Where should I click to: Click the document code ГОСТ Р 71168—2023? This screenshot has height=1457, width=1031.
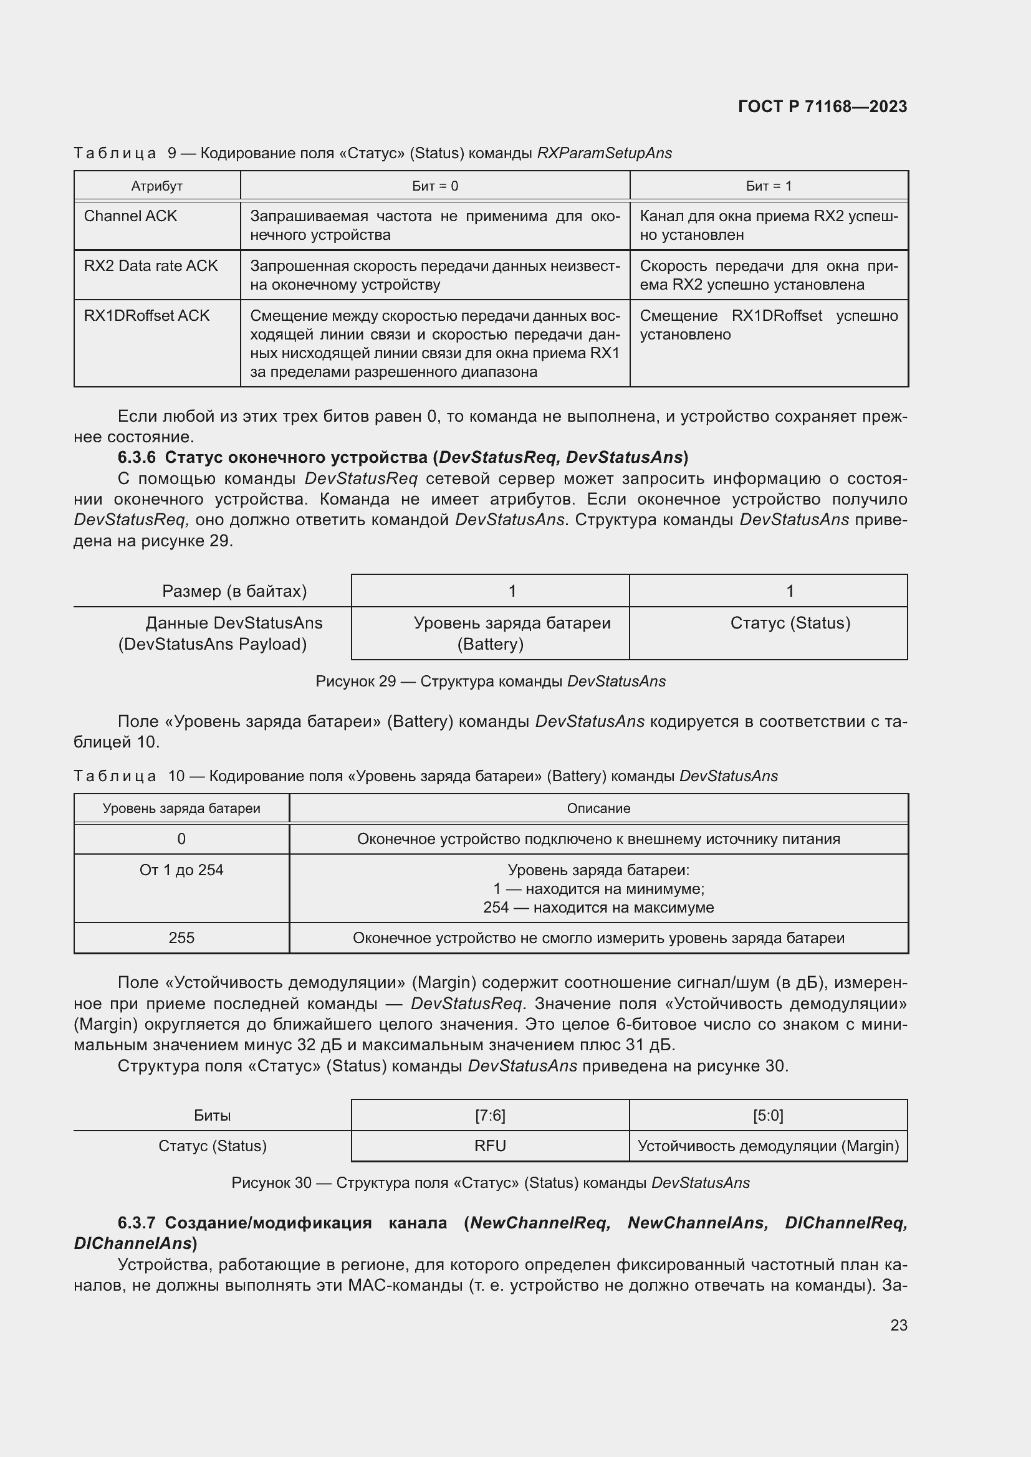[x=822, y=107]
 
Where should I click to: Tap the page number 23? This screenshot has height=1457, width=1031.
[x=898, y=1325]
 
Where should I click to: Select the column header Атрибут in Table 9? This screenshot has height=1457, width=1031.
[x=157, y=186]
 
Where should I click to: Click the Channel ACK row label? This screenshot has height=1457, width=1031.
[x=130, y=216]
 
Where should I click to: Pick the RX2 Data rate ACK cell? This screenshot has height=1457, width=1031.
[x=150, y=266]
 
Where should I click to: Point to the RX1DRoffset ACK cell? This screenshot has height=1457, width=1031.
[x=146, y=316]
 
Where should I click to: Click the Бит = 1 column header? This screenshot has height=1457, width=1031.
[x=768, y=186]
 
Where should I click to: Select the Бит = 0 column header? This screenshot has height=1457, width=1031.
[x=435, y=186]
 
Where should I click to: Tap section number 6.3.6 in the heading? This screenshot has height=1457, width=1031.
[x=137, y=458]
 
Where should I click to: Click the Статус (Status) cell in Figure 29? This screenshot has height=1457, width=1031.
[x=790, y=623]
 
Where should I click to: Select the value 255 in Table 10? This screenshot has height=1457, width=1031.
[x=181, y=938]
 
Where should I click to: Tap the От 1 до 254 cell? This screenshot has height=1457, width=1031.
[x=181, y=870]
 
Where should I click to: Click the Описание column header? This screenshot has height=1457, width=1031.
[x=598, y=809]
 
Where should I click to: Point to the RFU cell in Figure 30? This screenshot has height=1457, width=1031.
[x=490, y=1146]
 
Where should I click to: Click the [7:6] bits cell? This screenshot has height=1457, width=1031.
[x=490, y=1116]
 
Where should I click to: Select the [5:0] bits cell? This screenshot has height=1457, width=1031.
[x=767, y=1116]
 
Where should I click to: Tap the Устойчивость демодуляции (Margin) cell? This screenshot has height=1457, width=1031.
[x=767, y=1146]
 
